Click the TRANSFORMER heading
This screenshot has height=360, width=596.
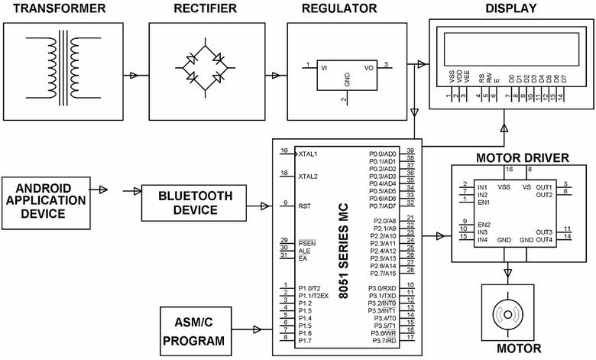click(55, 9)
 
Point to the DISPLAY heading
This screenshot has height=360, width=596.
click(511, 9)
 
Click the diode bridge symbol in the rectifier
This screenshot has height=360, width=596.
click(203, 69)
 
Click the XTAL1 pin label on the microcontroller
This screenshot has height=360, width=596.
click(308, 154)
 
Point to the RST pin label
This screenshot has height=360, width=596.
click(304, 206)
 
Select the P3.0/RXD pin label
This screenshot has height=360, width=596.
click(381, 286)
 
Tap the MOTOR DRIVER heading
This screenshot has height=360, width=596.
click(522, 158)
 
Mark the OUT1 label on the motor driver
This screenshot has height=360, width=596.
click(543, 186)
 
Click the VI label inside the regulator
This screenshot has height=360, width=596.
click(324, 67)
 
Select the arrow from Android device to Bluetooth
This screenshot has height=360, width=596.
click(103, 190)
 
